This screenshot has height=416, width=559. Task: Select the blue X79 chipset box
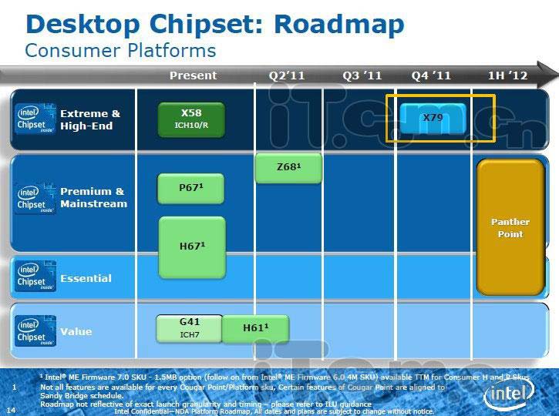pyautogui.click(x=432, y=118)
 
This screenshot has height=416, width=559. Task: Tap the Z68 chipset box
pyautogui.click(x=288, y=169)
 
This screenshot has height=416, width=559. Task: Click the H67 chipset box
pyautogui.click(x=191, y=247)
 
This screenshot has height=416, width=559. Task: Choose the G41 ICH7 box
pyautogui.click(x=190, y=327)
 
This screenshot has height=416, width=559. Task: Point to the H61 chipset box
pyautogui.click(x=255, y=329)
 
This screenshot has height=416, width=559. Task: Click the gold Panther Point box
pyautogui.click(x=510, y=227)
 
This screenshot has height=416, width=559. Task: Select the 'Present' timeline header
pyautogui.click(x=193, y=75)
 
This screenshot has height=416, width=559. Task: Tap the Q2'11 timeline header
pyautogui.click(x=287, y=75)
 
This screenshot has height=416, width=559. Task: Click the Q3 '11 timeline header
pyautogui.click(x=362, y=75)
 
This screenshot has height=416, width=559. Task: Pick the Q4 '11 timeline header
pyautogui.click(x=431, y=75)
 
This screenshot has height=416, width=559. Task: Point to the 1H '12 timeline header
pyautogui.click(x=508, y=75)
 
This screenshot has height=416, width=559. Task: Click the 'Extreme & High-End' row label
pyautogui.click(x=90, y=119)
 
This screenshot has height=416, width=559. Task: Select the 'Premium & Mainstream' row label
pyautogui.click(x=93, y=197)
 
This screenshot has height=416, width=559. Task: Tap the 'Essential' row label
pyautogui.click(x=86, y=278)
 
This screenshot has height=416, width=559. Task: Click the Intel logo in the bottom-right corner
pyautogui.click(x=510, y=395)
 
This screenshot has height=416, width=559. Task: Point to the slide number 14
pyautogui.click(x=11, y=410)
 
